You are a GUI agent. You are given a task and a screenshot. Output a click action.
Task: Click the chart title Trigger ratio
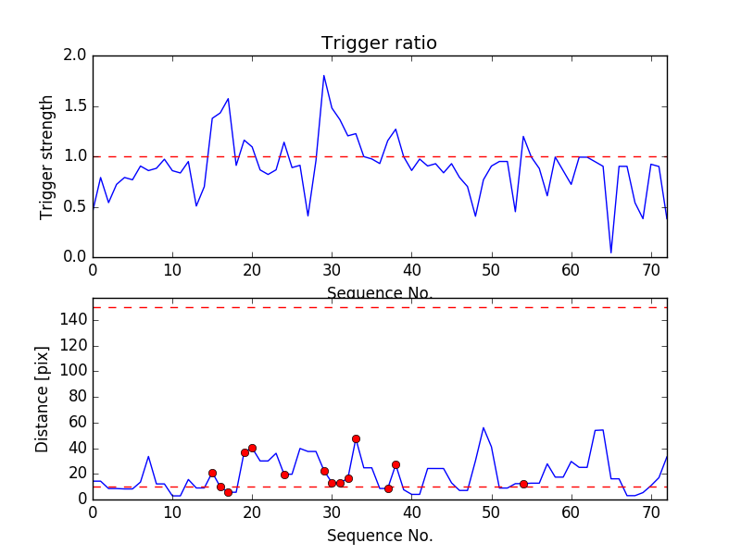tap(379, 43)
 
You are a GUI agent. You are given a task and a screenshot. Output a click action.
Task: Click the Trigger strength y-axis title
tap(47, 156)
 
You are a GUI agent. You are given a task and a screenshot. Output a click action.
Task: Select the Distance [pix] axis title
tap(43, 398)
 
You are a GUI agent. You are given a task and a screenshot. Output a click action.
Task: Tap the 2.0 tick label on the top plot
tap(75, 56)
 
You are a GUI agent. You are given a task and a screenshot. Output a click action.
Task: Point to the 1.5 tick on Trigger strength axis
tap(75, 106)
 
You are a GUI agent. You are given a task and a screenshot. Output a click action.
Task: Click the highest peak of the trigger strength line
tap(324, 76)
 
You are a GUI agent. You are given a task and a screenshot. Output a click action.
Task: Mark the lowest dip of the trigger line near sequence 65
tap(610, 252)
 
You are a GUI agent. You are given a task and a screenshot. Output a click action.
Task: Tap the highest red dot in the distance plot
tap(356, 438)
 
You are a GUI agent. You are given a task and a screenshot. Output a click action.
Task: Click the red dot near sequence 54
tap(523, 484)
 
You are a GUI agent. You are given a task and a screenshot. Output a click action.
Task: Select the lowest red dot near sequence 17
tap(228, 492)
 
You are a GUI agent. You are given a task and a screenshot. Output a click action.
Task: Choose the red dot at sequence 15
tap(212, 473)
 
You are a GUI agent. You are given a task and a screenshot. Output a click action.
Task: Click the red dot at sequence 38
tap(396, 464)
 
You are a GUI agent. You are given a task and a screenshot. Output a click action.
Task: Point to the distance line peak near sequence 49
tap(484, 427)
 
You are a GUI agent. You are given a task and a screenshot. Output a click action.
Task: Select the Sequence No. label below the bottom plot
tap(380, 536)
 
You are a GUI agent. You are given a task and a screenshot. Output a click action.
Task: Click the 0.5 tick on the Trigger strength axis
tap(75, 207)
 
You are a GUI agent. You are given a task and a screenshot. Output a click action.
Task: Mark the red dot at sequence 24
tap(284, 475)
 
